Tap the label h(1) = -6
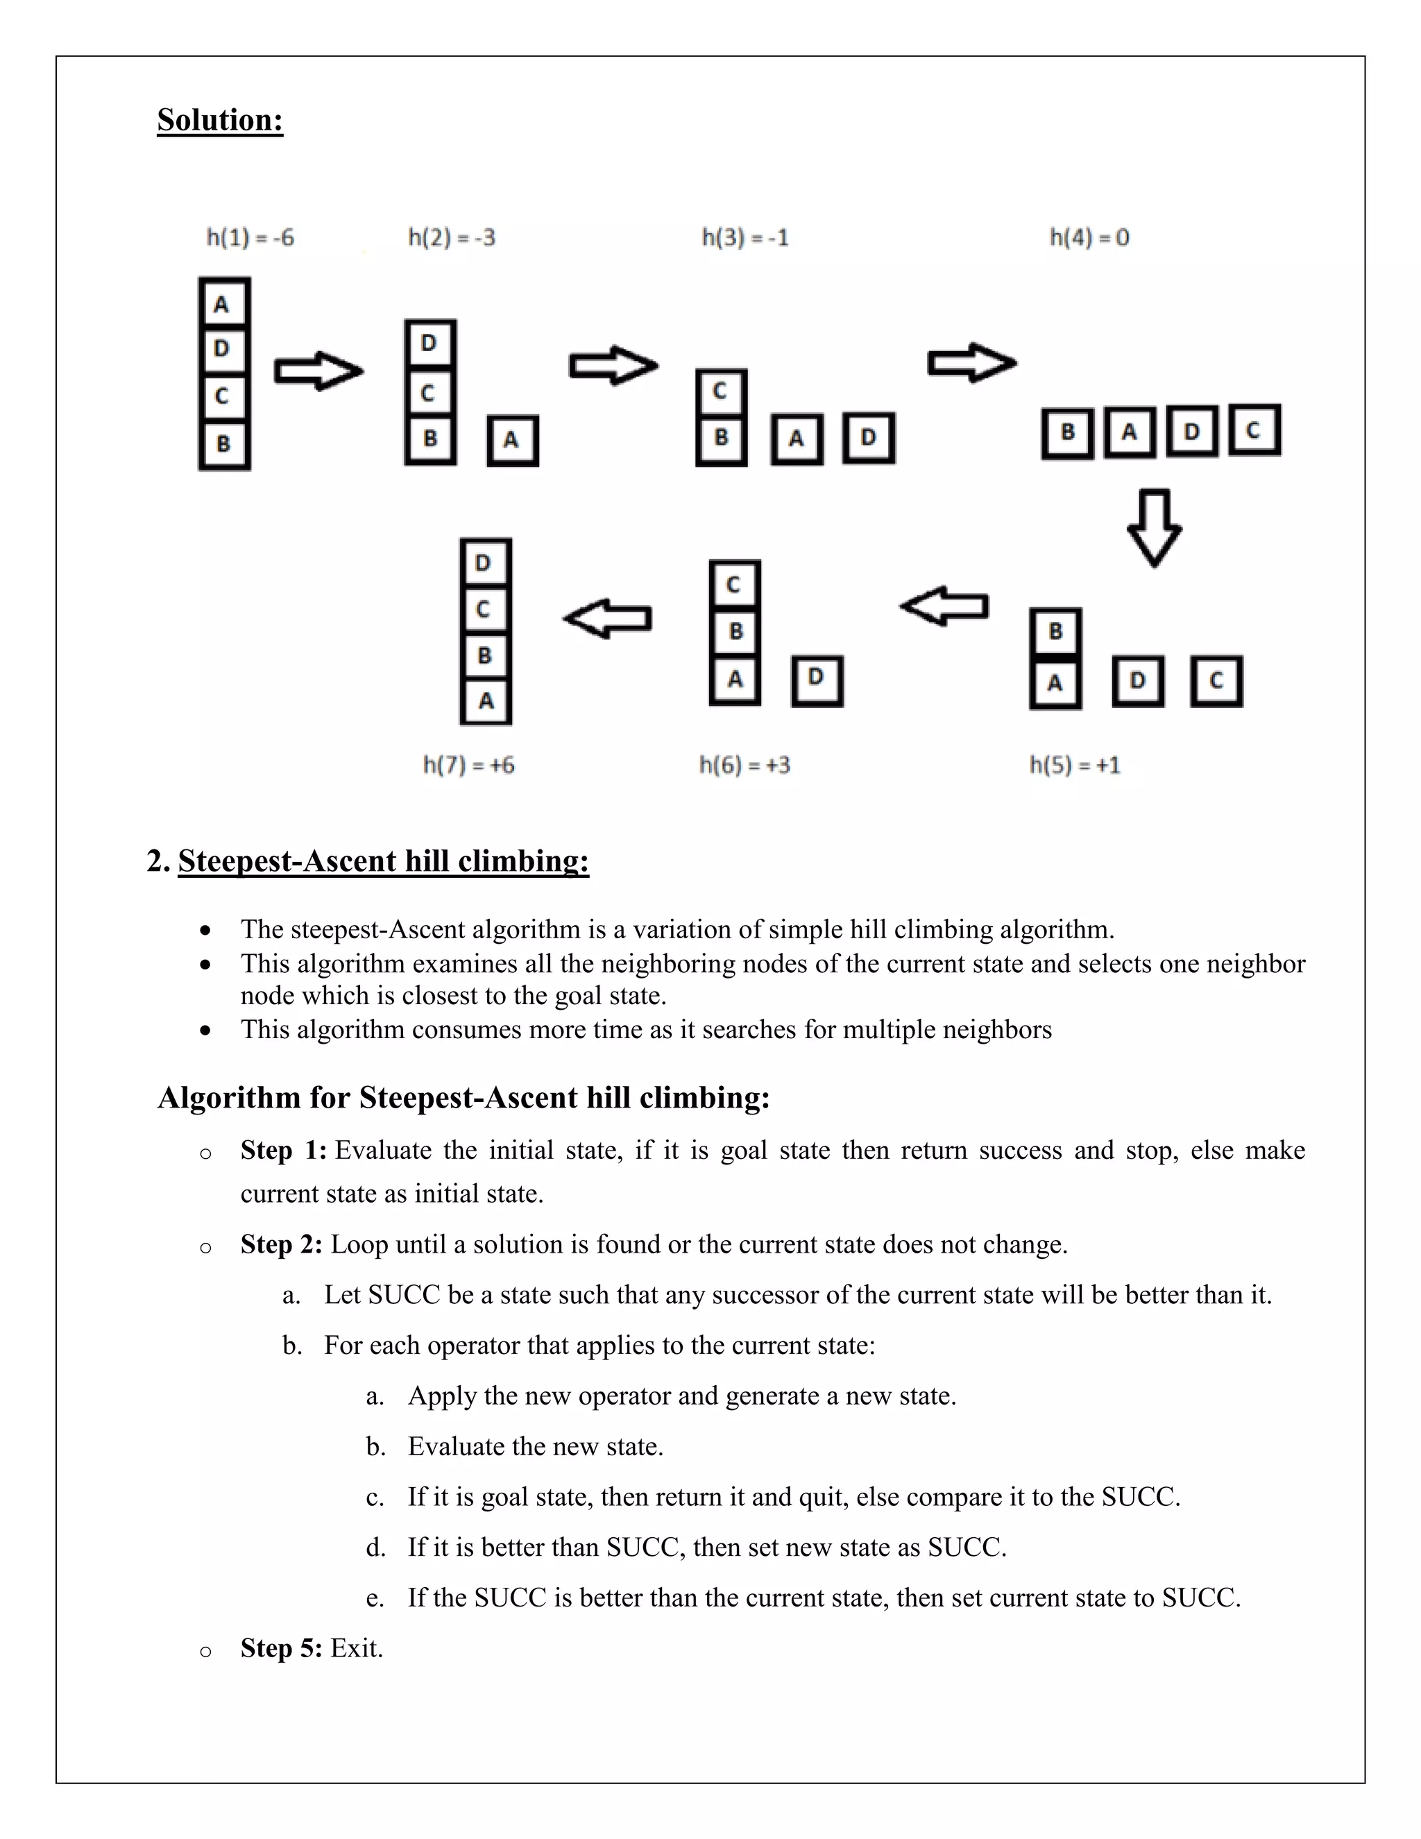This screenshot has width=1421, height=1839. pyautogui.click(x=250, y=237)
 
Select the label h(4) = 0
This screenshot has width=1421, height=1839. pyautogui.click(x=1089, y=237)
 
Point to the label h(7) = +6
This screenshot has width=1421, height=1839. pyautogui.click(x=468, y=765)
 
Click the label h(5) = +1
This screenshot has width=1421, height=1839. pyautogui.click(x=1075, y=765)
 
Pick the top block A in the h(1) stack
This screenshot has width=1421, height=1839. pyautogui.click(x=223, y=303)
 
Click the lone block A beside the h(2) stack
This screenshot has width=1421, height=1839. pyautogui.click(x=512, y=441)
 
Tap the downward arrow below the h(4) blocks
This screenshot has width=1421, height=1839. pyautogui.click(x=1154, y=528)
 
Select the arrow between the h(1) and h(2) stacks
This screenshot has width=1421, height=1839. pyautogui.click(x=318, y=371)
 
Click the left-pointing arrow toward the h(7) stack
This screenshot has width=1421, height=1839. pyautogui.click(x=608, y=619)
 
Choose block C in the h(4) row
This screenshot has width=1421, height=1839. pyautogui.click(x=1254, y=431)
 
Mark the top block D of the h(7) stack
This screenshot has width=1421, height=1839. pyautogui.click(x=485, y=563)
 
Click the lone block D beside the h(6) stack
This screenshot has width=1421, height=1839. pyautogui.click(x=816, y=680)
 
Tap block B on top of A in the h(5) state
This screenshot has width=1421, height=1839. pyautogui.click(x=1055, y=631)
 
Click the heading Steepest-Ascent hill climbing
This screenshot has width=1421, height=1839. pyautogui.click(x=383, y=861)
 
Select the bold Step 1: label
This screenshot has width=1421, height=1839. pyautogui.click(x=283, y=1150)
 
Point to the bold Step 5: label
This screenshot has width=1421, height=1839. pyautogui.click(x=281, y=1648)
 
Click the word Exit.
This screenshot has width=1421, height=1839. pyautogui.click(x=356, y=1648)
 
